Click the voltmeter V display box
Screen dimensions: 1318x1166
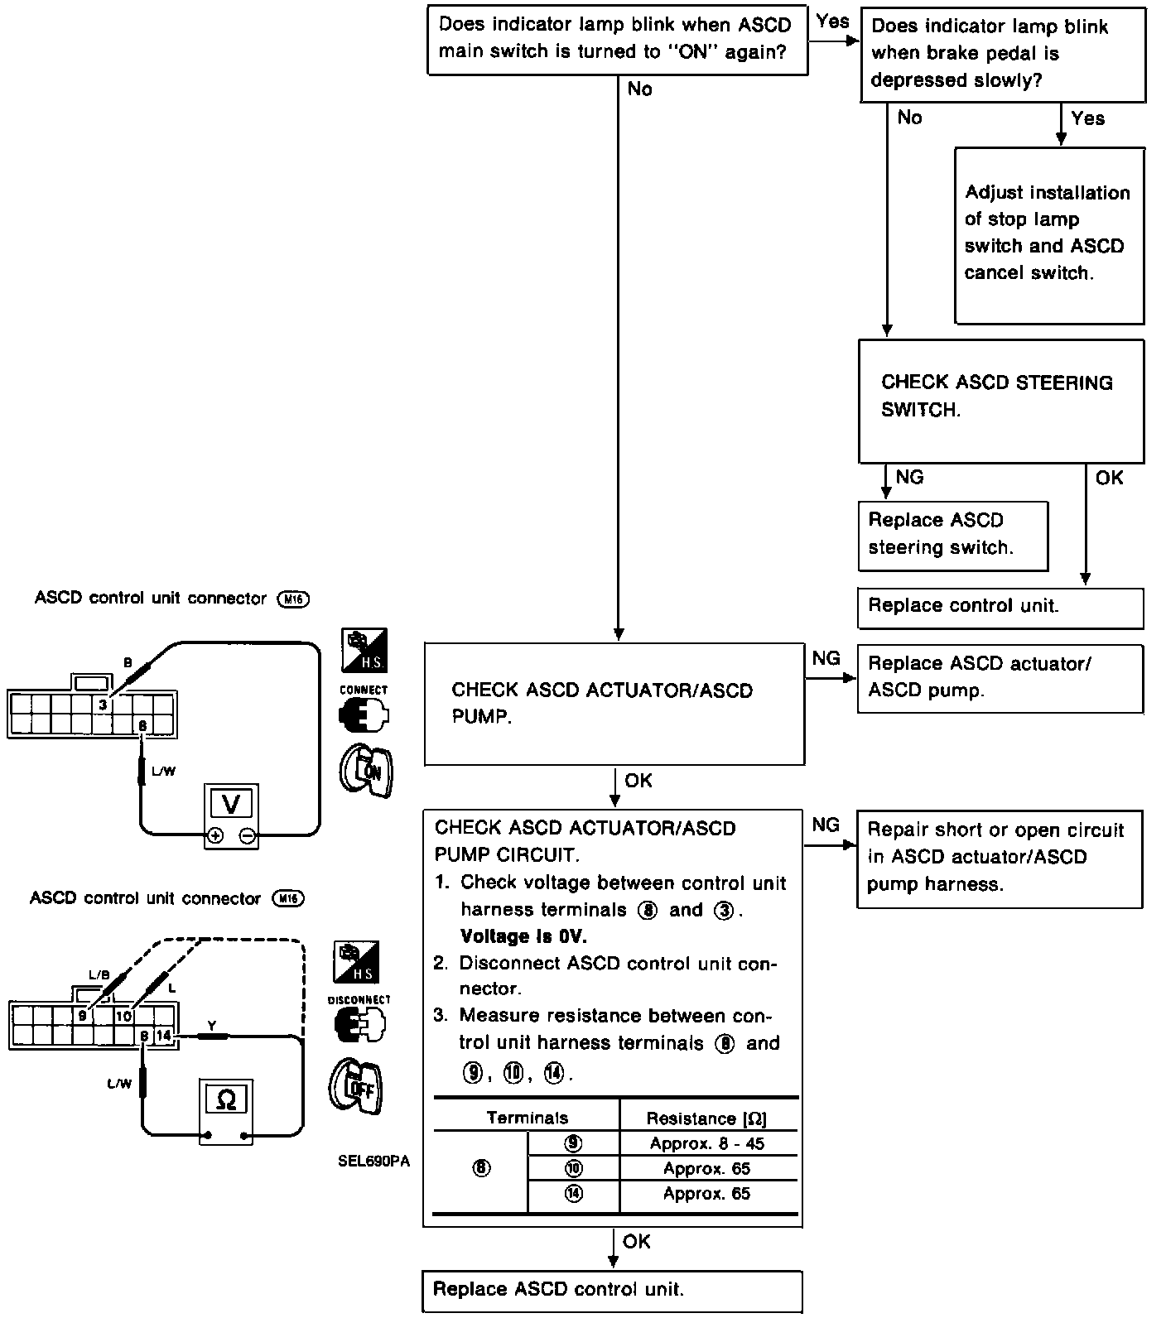coord(232,804)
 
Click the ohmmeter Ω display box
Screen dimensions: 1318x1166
coord(225,1099)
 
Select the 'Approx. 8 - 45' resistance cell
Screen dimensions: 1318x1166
coord(706,1143)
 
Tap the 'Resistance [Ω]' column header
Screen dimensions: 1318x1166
coord(706,1118)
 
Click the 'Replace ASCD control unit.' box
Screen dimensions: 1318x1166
coord(612,1289)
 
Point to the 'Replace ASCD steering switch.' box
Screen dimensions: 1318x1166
coord(952,534)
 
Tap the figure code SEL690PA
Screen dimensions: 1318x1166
coord(373,1161)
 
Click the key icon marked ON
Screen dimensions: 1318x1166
coord(365,772)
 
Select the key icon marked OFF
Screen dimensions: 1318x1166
coord(357,1086)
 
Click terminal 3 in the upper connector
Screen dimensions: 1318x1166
coord(102,705)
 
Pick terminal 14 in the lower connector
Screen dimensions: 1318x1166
coord(163,1035)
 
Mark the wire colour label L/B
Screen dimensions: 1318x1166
coord(99,974)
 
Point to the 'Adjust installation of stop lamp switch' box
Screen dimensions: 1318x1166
coord(1049,235)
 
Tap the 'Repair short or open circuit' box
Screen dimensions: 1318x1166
coord(999,858)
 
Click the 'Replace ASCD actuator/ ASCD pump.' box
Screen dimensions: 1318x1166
coord(999,677)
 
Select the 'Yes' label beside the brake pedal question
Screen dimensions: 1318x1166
coord(1087,118)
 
